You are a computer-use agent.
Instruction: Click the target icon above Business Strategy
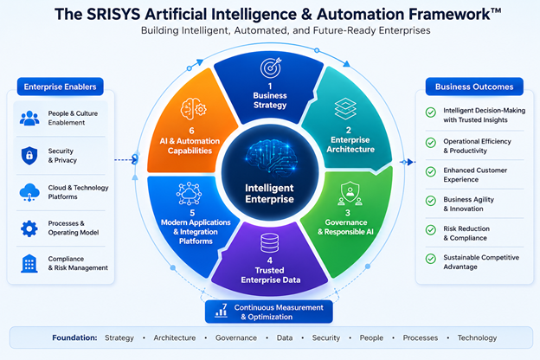(271, 67)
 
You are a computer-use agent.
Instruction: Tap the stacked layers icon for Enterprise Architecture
(345, 108)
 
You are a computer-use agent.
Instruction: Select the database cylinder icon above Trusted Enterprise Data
(270, 243)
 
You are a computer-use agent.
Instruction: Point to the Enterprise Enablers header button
(61, 87)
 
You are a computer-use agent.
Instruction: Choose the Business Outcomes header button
(474, 87)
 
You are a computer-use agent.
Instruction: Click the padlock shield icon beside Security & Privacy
(29, 156)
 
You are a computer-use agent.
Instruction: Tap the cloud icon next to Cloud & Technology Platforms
(29, 192)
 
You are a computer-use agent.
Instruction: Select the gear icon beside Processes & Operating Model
(29, 228)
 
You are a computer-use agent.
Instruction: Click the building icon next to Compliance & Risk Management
(29, 264)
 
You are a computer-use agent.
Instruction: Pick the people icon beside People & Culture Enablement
(29, 119)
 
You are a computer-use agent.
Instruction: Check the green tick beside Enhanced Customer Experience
(430, 171)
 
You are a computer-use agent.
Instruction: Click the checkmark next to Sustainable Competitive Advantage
(430, 259)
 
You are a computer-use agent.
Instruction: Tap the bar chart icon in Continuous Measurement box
(221, 310)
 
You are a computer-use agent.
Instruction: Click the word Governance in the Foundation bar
(236, 338)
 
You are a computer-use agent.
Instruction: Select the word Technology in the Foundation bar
(477, 338)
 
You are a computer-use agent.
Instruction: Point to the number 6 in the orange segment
(191, 131)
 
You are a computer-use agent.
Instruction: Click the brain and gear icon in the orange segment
(193, 109)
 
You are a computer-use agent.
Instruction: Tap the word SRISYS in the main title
(113, 15)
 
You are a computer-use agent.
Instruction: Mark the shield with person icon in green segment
(350, 193)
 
